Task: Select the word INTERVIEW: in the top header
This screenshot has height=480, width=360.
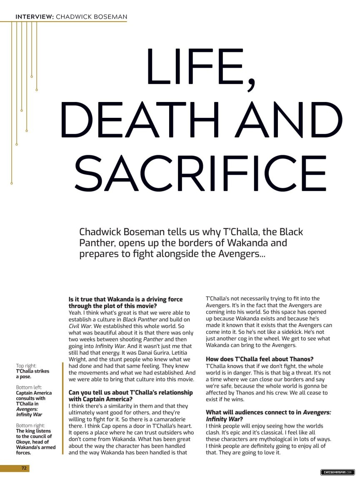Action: point(34,17)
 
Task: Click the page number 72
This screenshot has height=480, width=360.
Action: point(24,468)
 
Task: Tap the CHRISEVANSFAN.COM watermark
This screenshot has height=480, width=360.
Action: point(337,472)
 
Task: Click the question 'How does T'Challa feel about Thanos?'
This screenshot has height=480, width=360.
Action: point(260,359)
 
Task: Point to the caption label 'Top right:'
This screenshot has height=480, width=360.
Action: point(26,366)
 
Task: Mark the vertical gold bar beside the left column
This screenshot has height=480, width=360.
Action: point(62,408)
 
